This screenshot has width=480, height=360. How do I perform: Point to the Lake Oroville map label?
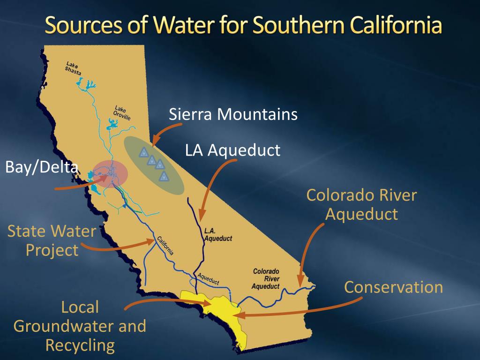tap(123, 113)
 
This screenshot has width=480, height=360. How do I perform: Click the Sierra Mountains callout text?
tap(233, 114)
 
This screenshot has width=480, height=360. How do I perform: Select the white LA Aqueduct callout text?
tap(232, 150)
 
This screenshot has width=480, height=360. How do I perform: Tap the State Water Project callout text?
tap(52, 240)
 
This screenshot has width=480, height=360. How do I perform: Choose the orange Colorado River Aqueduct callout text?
tap(361, 204)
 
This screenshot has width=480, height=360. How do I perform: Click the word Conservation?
tap(393, 287)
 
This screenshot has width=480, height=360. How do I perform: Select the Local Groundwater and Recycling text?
tap(80, 326)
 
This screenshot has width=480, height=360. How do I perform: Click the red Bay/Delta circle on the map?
tap(111, 174)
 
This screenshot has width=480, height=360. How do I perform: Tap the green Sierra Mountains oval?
tap(154, 166)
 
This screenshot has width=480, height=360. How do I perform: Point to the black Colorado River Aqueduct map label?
tap(266, 278)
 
